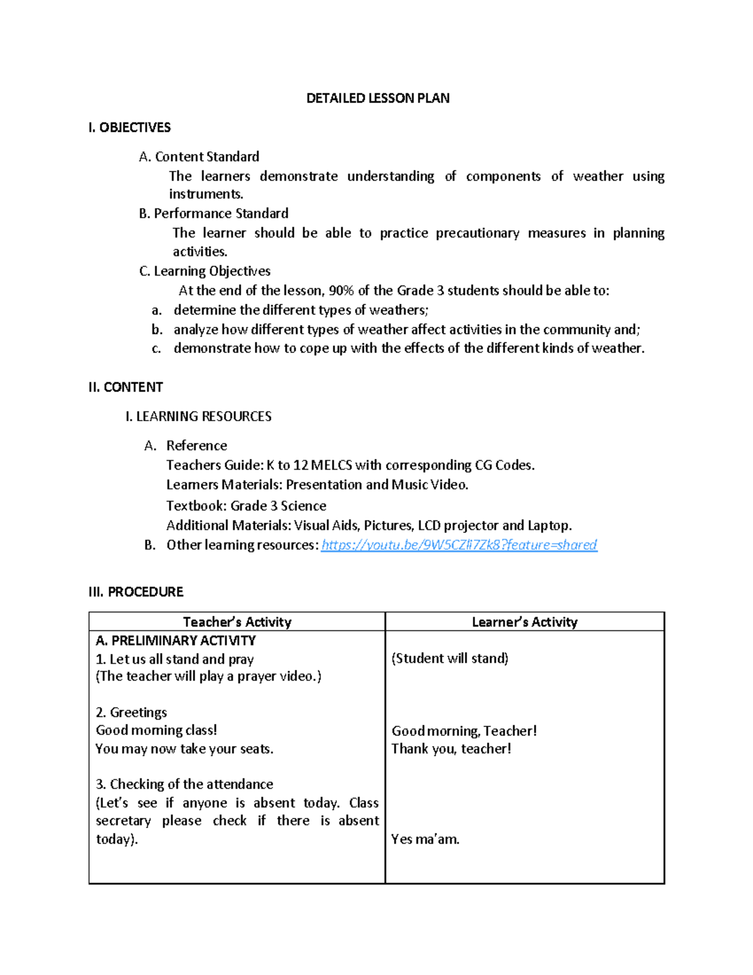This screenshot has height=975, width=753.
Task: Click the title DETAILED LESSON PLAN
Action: [378, 98]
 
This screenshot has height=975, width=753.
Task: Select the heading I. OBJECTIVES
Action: [129, 127]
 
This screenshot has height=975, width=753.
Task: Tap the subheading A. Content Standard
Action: [199, 156]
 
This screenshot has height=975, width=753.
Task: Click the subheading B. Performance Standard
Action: [213, 213]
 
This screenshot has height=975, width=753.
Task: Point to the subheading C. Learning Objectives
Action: [205, 271]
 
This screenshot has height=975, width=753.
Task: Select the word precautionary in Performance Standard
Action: [478, 233]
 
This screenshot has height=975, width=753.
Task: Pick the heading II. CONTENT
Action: [125, 387]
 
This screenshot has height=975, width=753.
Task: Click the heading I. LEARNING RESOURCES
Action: [198, 416]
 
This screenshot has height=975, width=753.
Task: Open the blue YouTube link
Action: [459, 545]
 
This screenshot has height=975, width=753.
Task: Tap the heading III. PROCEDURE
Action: [136, 592]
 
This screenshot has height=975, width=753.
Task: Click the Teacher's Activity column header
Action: [237, 622]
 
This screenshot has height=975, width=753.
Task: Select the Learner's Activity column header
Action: [525, 622]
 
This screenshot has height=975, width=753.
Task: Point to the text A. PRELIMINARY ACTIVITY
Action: [176, 640]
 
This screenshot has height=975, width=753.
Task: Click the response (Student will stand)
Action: [450, 658]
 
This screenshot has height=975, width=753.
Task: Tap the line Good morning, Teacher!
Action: [464, 731]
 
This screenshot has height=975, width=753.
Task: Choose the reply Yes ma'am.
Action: [425, 839]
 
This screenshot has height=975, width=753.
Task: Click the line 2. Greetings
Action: [131, 713]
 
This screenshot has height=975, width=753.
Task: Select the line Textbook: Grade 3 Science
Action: [246, 506]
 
